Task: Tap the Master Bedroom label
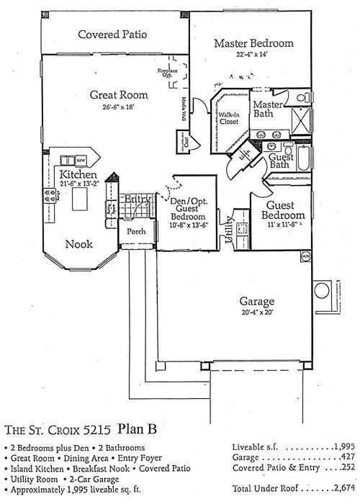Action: (253, 43)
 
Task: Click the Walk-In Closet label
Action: (229, 117)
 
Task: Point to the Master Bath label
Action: (266, 109)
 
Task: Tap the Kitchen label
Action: (79, 175)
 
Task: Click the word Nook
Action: (78, 244)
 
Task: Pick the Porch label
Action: (137, 233)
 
